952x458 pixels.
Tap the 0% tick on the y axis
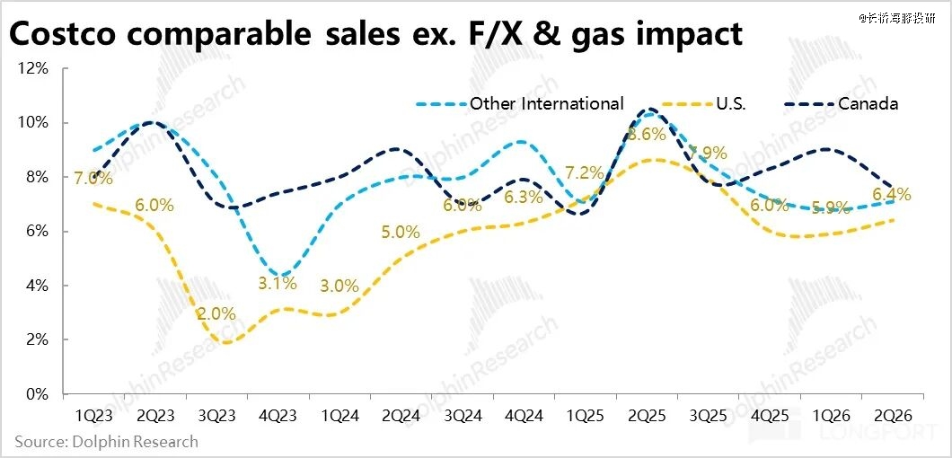coord(36,394)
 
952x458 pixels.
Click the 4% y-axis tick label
coord(36,286)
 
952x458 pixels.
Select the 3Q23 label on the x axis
coord(216,416)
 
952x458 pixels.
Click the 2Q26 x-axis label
coord(895,416)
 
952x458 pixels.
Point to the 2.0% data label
coord(216,314)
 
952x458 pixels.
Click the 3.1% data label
coord(277,284)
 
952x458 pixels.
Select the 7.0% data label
coord(93,179)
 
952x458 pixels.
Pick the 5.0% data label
coord(401,232)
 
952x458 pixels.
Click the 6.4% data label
coord(892,194)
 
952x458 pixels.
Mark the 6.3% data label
coord(524,198)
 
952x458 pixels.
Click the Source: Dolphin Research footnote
coord(106,442)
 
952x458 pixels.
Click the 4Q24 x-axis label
coord(524,416)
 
